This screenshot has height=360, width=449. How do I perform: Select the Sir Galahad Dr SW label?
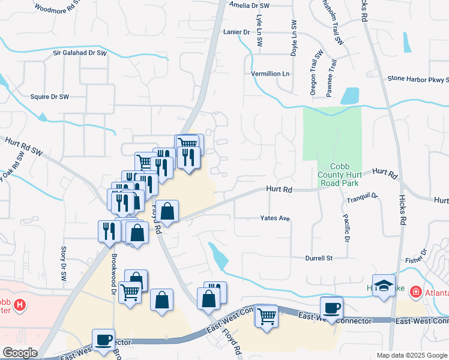click(x=79, y=53)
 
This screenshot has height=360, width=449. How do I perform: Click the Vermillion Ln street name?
click(x=270, y=74)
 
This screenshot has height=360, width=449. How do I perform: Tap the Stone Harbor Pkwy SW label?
click(x=418, y=79)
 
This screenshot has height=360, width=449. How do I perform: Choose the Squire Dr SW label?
click(x=50, y=96)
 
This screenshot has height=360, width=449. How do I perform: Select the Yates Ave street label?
click(x=275, y=218)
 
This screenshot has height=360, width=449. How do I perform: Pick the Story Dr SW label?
click(x=64, y=263)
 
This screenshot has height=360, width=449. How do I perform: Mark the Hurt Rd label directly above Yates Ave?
click(x=279, y=190)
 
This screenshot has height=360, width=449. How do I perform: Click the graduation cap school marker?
click(x=384, y=285)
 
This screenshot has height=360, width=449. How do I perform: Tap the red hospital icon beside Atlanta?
click(x=415, y=292)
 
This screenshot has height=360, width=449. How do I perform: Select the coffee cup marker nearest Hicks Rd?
click(x=331, y=307)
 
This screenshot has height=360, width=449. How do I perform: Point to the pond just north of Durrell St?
click(x=218, y=255)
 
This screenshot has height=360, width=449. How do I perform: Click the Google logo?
click(x=20, y=353)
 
